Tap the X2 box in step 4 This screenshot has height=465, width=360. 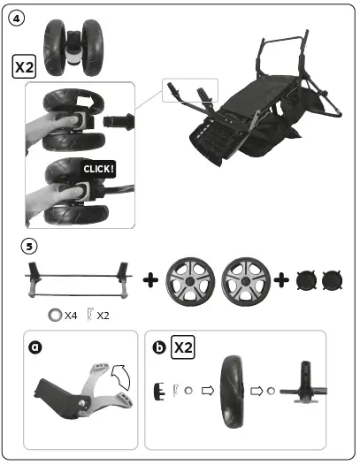24,65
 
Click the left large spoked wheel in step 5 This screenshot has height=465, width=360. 191,280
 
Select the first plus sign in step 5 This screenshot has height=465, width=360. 150,280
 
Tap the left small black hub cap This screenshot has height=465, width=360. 308,281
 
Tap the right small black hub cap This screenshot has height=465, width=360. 334,281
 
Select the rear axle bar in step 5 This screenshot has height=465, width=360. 78,281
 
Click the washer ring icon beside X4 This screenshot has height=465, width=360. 55,315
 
